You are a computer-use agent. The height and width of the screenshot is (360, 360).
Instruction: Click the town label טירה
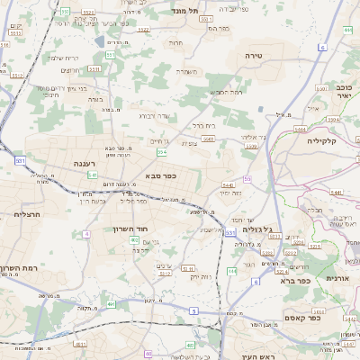point(253,56)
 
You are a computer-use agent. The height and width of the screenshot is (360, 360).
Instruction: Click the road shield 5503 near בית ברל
point(209,138)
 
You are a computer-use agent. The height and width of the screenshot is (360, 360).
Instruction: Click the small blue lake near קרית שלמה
point(98,41)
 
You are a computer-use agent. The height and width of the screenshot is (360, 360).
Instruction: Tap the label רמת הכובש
point(226,93)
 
